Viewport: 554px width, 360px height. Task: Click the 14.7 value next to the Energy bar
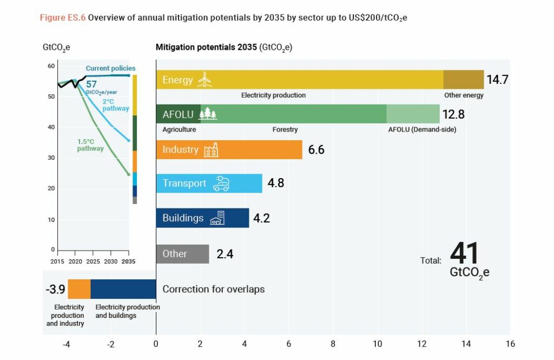pyautogui.click(x=498, y=80)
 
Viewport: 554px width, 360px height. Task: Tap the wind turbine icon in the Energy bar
pyautogui.click(x=205, y=80)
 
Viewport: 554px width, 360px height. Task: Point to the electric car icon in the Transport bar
pyautogui.click(x=221, y=184)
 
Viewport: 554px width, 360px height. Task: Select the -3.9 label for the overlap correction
pyautogui.click(x=55, y=289)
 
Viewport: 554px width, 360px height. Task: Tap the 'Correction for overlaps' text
pyautogui.click(x=213, y=289)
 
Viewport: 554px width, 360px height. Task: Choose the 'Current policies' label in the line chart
pyautogui.click(x=110, y=68)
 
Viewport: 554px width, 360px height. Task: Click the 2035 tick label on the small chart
pyautogui.click(x=128, y=261)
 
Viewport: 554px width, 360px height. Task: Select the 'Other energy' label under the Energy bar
pyautogui.click(x=464, y=95)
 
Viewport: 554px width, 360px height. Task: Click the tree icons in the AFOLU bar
pyautogui.click(x=208, y=114)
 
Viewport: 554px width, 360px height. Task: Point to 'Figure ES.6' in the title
pyautogui.click(x=62, y=17)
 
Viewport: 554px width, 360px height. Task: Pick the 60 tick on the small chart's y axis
pyautogui.click(x=52, y=66)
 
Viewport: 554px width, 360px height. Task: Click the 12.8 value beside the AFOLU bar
pyautogui.click(x=454, y=114)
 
